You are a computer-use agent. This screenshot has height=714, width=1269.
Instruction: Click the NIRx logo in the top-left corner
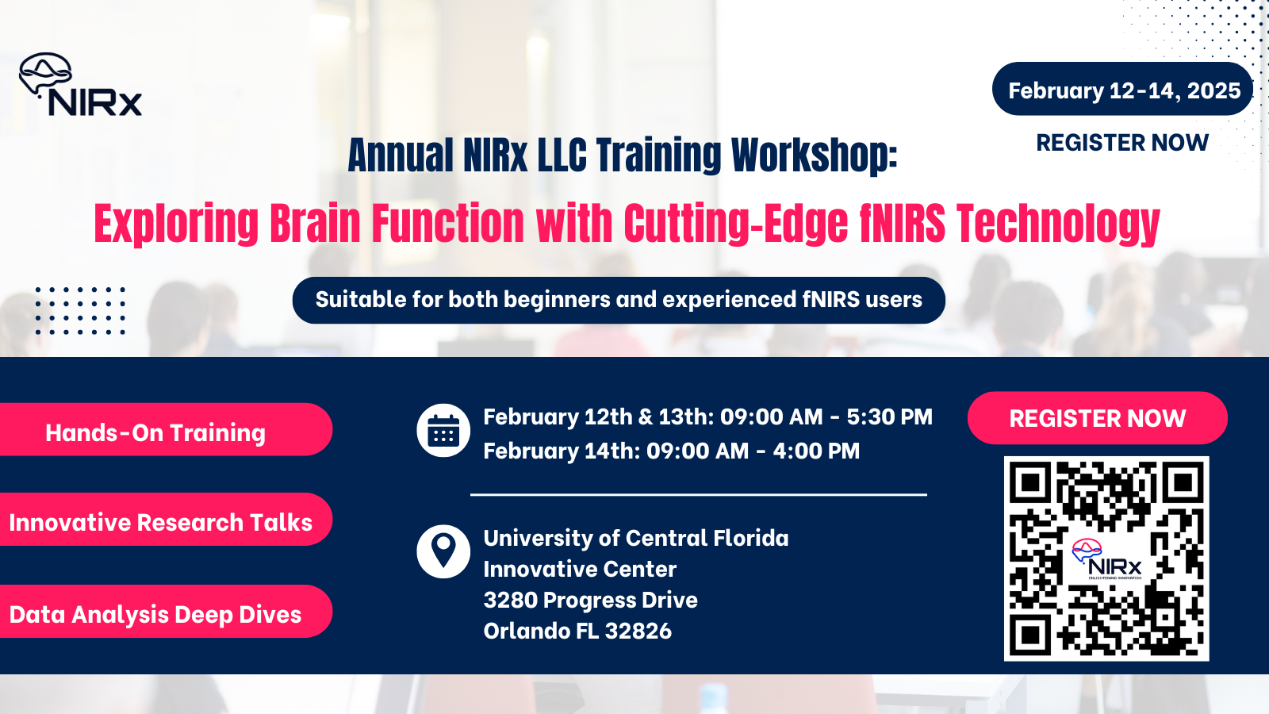(80, 86)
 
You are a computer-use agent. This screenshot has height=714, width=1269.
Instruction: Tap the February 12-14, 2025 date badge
(1123, 90)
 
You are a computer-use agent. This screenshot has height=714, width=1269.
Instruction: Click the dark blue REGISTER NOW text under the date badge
(1122, 143)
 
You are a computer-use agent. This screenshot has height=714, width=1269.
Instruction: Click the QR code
(1106, 558)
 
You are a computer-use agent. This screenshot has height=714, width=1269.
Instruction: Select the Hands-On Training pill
(156, 432)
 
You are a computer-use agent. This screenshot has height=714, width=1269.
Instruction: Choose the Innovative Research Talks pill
(161, 522)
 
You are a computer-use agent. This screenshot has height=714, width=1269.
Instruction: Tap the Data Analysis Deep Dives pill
(156, 614)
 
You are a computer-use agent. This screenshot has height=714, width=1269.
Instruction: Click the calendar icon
(443, 431)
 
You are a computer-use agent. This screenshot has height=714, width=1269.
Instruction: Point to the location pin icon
(443, 551)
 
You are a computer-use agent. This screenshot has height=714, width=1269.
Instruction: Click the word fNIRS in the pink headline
(903, 224)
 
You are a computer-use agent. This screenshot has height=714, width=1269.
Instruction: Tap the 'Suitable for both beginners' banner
(619, 300)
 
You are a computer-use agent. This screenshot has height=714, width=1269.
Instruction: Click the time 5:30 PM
(889, 417)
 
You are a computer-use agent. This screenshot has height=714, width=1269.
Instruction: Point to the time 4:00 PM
(816, 451)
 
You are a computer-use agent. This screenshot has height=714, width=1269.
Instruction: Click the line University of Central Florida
(636, 538)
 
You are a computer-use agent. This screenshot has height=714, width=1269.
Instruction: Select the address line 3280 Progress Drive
(591, 600)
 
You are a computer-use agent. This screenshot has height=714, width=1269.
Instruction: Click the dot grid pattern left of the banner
(80, 310)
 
